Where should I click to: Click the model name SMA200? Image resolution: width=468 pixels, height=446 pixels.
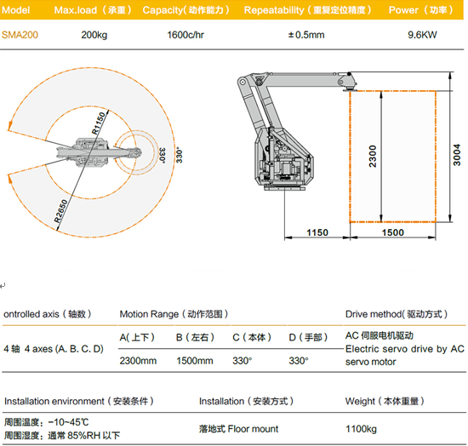[20, 35]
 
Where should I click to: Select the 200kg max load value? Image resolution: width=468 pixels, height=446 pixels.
[94, 35]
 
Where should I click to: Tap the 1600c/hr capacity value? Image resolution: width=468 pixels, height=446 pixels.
[185, 35]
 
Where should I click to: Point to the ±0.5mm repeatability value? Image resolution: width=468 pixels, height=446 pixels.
[306, 35]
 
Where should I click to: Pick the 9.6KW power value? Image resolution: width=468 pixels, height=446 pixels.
[422, 35]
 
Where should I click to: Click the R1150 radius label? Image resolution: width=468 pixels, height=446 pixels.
[99, 123]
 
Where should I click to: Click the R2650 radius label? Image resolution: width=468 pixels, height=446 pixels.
[61, 211]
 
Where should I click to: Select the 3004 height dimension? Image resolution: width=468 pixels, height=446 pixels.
[457, 155]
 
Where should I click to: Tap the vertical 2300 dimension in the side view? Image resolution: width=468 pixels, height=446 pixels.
[373, 156]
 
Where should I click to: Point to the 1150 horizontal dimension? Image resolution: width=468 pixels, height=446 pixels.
[317, 232]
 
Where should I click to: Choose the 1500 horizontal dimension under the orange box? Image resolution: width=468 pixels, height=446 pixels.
[393, 232]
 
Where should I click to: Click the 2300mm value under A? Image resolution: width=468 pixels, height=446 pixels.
[138, 361]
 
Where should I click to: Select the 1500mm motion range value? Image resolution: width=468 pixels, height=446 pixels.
[195, 361]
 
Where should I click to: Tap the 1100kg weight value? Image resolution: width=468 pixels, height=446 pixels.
[361, 429]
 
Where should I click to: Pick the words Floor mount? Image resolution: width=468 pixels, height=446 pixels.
[253, 429]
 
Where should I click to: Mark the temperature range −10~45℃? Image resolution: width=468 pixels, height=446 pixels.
[68, 422]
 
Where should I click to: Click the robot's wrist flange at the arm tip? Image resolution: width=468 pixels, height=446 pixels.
[349, 89]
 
